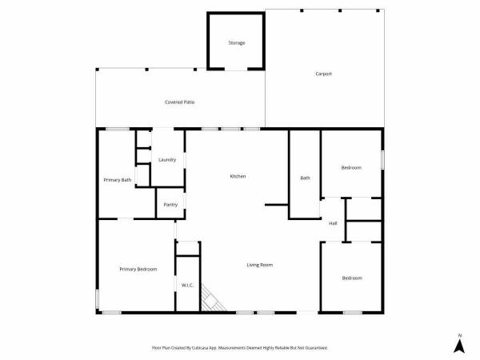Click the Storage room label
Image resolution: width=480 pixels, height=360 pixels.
coord(237,43)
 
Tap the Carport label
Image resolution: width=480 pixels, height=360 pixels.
coord(323,74)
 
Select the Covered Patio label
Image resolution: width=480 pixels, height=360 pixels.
coord(180,102)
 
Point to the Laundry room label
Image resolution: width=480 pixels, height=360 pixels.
coord(167,160)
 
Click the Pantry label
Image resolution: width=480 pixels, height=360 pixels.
coord(170,205)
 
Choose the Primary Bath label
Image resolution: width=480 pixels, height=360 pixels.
coord(118,180)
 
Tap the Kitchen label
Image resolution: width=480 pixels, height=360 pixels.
coord(238,176)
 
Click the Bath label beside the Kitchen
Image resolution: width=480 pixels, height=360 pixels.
coord(306,178)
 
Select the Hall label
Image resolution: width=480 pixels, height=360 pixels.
coord(333,223)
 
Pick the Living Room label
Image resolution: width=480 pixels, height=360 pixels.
coord(260,265)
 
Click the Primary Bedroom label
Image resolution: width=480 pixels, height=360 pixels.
coord(138,269)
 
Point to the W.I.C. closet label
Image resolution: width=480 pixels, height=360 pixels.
coord(188,286)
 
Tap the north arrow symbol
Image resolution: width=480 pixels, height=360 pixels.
coord(459,346)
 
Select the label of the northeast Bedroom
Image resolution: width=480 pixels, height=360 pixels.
coord(351,168)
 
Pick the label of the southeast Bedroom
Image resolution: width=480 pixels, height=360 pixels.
coord(352,278)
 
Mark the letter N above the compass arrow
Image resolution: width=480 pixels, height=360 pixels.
coord(459,335)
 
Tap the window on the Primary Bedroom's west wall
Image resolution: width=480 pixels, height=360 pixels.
coord(98,299)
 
